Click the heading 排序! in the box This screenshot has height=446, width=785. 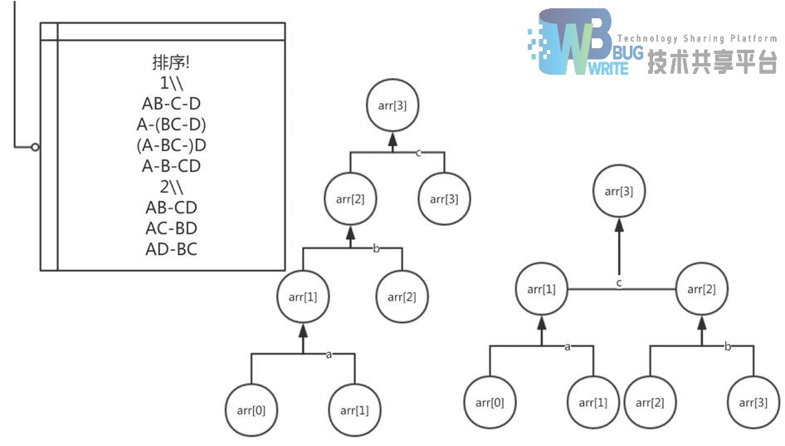[x=172, y=63]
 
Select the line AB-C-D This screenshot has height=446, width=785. [x=172, y=104]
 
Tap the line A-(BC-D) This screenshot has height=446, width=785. [x=172, y=125]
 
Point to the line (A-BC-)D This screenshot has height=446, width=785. [x=172, y=145]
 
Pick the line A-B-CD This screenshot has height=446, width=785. [x=172, y=166]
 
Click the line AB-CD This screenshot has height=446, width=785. [x=172, y=207]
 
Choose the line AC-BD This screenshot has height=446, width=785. [x=172, y=228]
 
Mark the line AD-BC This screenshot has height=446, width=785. [x=172, y=248]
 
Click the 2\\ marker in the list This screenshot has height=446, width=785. [x=172, y=186]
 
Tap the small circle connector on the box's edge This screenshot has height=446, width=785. [x=35, y=147]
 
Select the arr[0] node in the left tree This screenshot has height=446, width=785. [x=251, y=409]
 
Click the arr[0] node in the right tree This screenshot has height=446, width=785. [x=490, y=403]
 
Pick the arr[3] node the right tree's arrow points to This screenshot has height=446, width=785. [x=618, y=192]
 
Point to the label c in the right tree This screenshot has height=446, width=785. [x=618, y=283]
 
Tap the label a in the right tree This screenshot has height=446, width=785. [x=568, y=346]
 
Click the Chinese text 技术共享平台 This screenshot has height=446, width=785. [x=712, y=62]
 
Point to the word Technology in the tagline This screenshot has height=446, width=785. [x=648, y=39]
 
